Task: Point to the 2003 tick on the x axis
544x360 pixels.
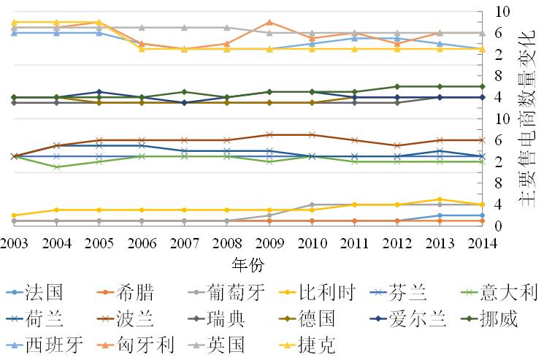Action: [13, 242]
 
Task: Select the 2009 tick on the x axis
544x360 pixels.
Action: [269, 242]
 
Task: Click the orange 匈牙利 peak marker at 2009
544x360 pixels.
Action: [269, 23]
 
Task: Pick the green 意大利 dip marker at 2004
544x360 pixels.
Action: [56, 167]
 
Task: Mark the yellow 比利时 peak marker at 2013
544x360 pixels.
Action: [440, 199]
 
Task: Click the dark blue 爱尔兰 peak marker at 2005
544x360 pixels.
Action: [99, 92]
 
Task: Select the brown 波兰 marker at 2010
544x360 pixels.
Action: [312, 135]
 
